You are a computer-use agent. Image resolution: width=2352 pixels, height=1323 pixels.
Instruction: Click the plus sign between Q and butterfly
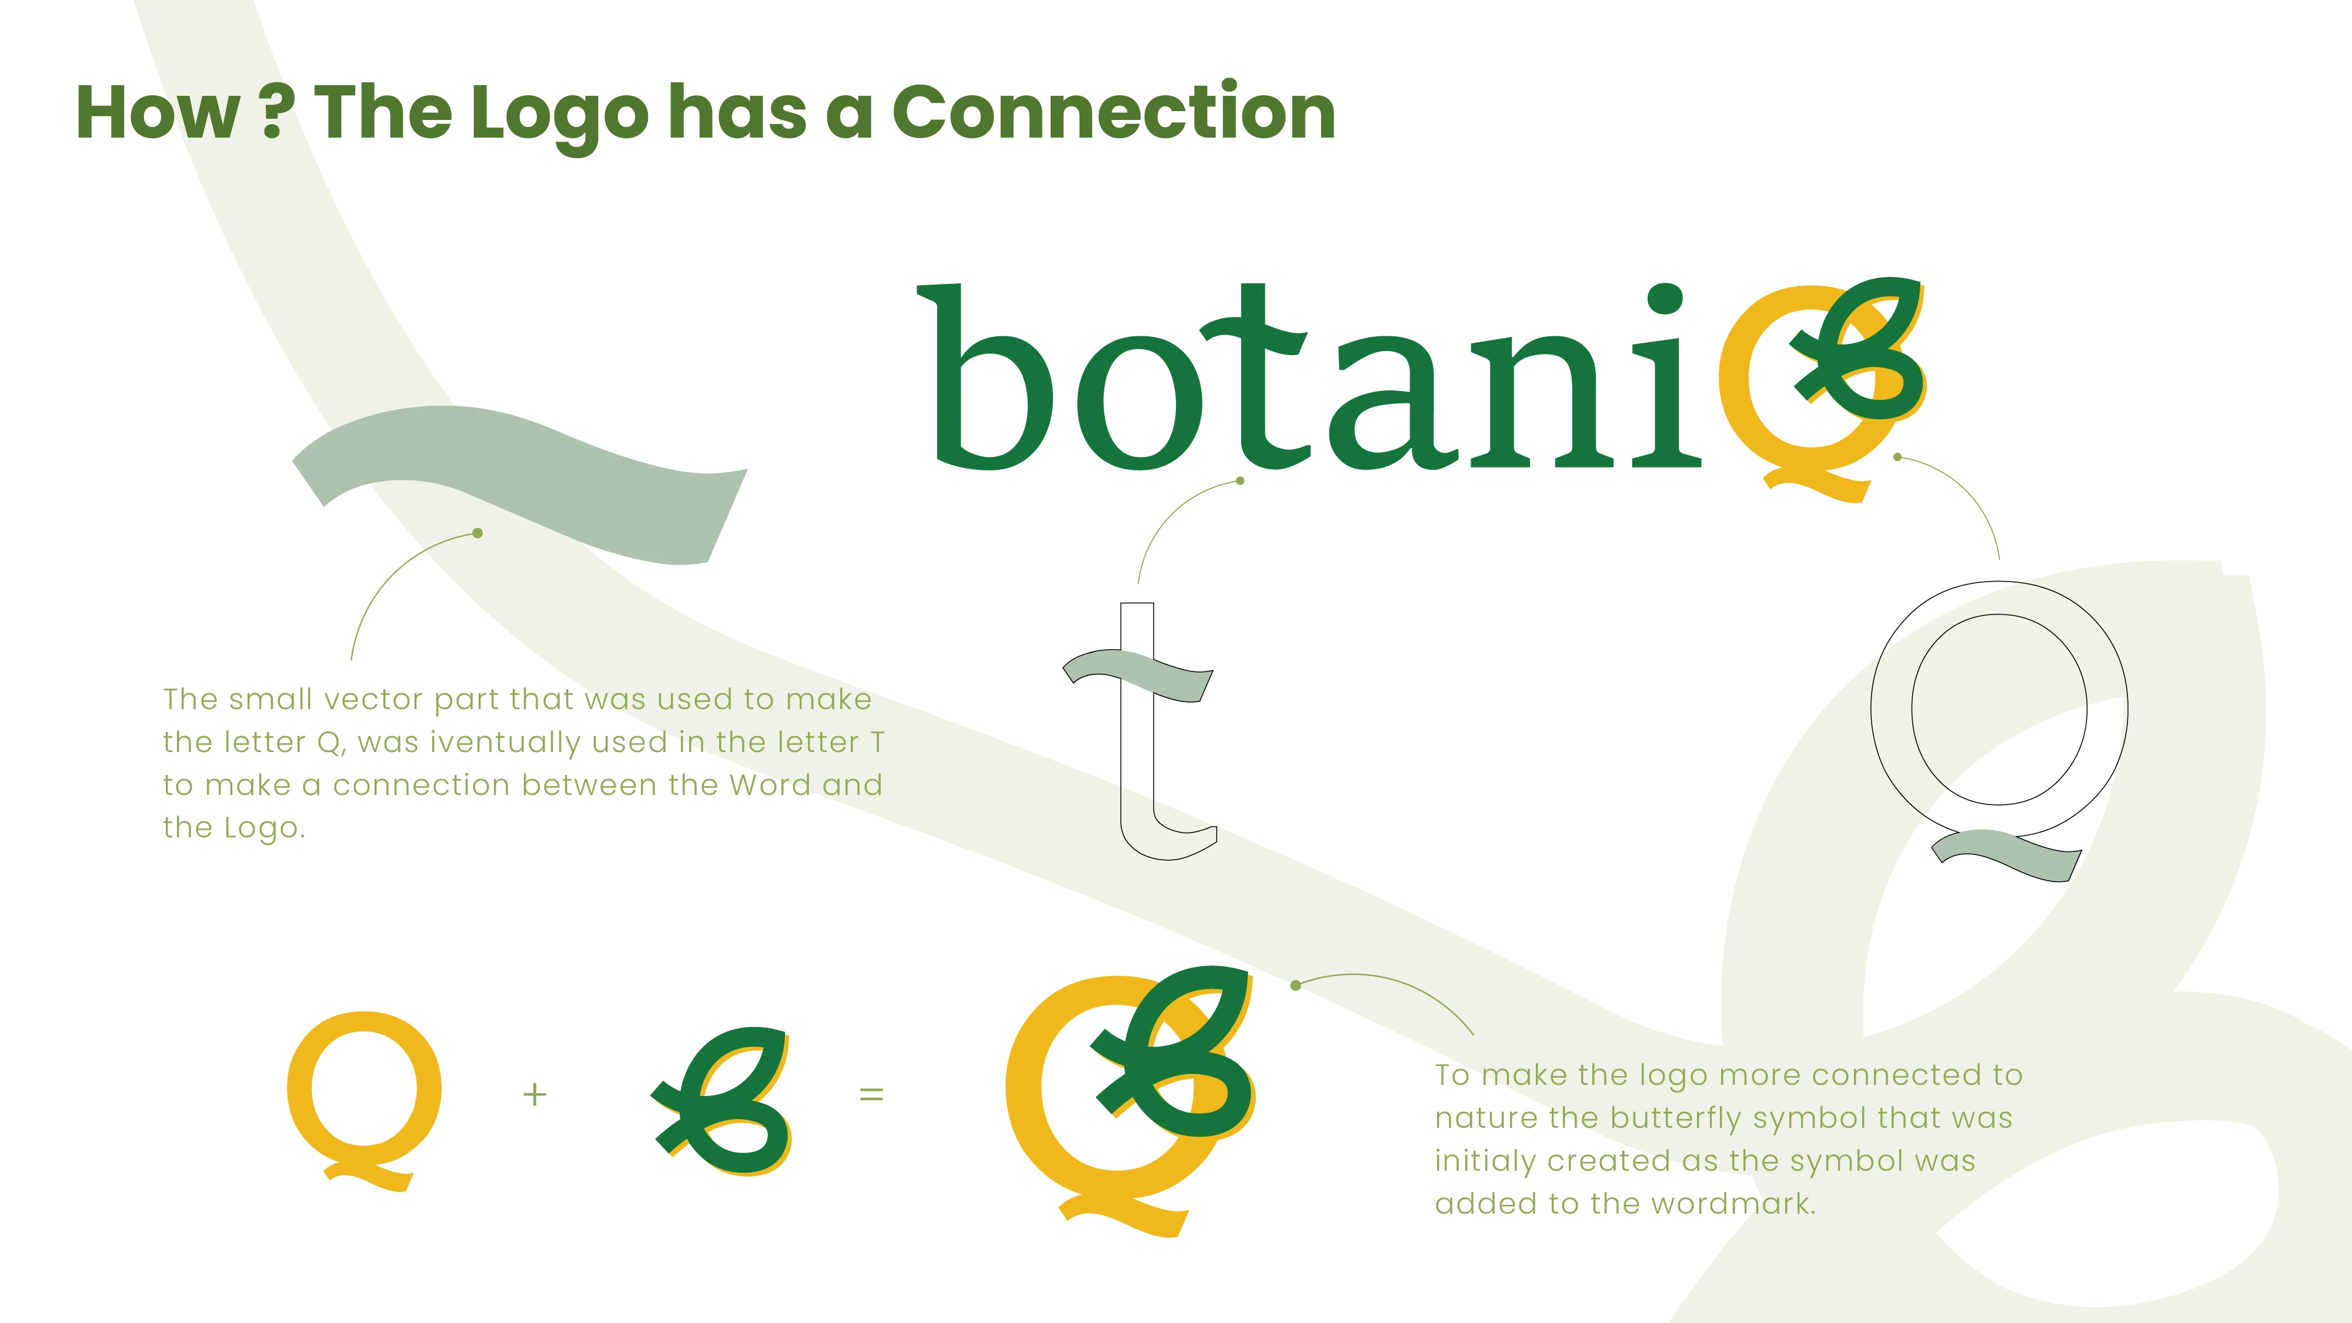535,1094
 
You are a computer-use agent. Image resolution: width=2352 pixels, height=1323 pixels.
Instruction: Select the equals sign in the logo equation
872,1094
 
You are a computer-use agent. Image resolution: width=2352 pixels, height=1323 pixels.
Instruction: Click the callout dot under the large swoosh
477,533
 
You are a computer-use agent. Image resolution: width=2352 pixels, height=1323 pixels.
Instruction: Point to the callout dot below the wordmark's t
1240,480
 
